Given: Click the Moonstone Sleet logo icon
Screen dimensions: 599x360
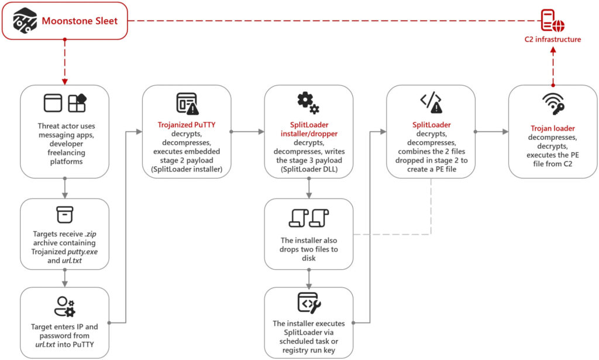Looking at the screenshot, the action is pyautogui.click(x=25, y=20).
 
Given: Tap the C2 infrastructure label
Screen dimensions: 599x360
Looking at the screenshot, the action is pyautogui.click(x=552, y=39).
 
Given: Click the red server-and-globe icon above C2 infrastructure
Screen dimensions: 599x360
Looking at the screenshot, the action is pyautogui.click(x=552, y=20).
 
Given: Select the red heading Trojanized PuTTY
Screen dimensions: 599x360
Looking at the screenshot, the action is pyautogui.click(x=187, y=125).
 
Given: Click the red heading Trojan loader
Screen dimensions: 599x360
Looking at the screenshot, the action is pyautogui.click(x=552, y=128).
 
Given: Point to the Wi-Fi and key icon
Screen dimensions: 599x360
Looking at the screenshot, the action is pyautogui.click(x=553, y=104).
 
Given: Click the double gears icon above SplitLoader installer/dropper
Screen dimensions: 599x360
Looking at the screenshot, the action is pyautogui.click(x=308, y=103).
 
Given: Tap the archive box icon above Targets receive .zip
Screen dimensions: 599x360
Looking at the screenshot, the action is pyautogui.click(x=64, y=214).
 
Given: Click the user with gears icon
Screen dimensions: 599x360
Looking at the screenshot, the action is pyautogui.click(x=64, y=307).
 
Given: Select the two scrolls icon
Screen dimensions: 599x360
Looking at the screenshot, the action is pyautogui.click(x=309, y=218).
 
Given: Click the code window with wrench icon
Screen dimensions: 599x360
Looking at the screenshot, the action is pyautogui.click(x=309, y=303).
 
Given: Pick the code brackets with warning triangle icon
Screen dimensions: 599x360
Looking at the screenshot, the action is pyautogui.click(x=431, y=102).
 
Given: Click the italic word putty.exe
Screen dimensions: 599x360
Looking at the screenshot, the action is pyautogui.click(x=82, y=252).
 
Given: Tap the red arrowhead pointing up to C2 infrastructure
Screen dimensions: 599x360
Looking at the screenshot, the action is pyautogui.click(x=553, y=50).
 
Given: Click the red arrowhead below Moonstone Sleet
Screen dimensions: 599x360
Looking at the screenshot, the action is pyautogui.click(x=64, y=81).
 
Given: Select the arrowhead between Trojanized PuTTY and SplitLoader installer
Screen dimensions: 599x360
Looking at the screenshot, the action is pyautogui.click(x=261, y=132).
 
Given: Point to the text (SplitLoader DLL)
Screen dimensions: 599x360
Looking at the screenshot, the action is pyautogui.click(x=309, y=169).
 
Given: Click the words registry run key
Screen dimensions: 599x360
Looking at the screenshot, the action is pyautogui.click(x=309, y=350).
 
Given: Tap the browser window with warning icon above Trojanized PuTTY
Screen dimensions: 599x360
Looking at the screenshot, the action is pyautogui.click(x=187, y=103).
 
